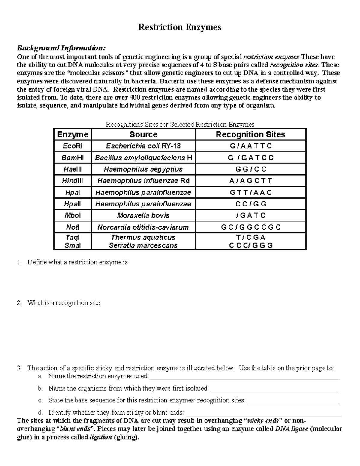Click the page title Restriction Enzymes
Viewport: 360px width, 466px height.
click(x=179, y=27)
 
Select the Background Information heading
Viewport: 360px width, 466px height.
click(x=61, y=48)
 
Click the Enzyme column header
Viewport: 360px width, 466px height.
click(x=73, y=134)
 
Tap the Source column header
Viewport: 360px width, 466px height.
click(x=143, y=134)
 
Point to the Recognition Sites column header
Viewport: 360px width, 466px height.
click(x=250, y=134)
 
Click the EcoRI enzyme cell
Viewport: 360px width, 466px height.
click(x=73, y=146)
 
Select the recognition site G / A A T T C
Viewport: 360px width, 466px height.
click(x=250, y=146)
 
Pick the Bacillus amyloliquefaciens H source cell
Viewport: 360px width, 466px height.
click(x=143, y=158)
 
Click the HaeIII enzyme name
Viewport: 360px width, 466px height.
click(x=73, y=169)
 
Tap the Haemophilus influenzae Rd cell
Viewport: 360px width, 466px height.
click(x=143, y=181)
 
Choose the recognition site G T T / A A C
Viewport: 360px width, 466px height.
click(x=250, y=192)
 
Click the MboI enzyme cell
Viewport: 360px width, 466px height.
click(x=73, y=215)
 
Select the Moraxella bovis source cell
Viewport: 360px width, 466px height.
click(x=143, y=215)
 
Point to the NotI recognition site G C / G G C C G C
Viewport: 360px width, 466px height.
click(x=250, y=227)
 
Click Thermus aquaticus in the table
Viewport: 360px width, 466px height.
click(x=143, y=237)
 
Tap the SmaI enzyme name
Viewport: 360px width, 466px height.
click(x=73, y=245)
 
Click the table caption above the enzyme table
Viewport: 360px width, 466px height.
click(x=180, y=125)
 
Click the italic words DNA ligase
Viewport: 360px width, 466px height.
click(x=291, y=429)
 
